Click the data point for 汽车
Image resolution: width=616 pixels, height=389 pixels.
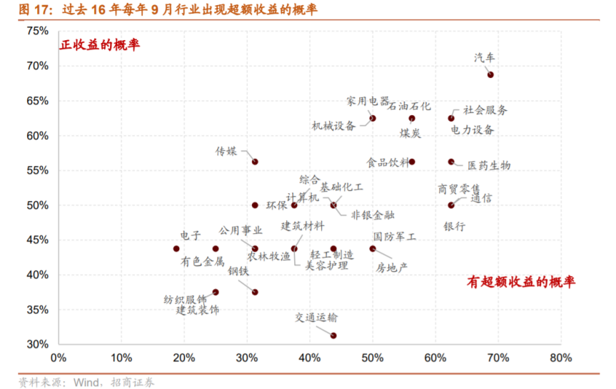point(490,74)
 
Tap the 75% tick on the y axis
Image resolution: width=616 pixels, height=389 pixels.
point(37,31)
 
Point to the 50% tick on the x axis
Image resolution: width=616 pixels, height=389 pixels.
point(372,358)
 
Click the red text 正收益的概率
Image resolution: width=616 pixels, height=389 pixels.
point(99,45)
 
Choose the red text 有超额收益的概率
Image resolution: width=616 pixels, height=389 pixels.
point(521,282)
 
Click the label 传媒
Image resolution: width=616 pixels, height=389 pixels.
point(226,152)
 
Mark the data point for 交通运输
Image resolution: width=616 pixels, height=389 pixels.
point(333,335)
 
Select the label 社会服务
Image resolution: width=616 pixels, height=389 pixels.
point(485,110)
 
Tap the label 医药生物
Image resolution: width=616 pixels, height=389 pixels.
point(489,165)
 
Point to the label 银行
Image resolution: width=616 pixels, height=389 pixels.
point(454,227)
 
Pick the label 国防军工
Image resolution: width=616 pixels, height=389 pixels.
point(394,235)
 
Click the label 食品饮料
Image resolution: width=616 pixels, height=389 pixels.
point(388,162)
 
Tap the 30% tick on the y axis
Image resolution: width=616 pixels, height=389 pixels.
point(37,344)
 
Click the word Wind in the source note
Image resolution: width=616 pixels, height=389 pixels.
point(87,382)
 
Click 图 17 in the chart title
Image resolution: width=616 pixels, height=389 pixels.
point(34,10)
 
